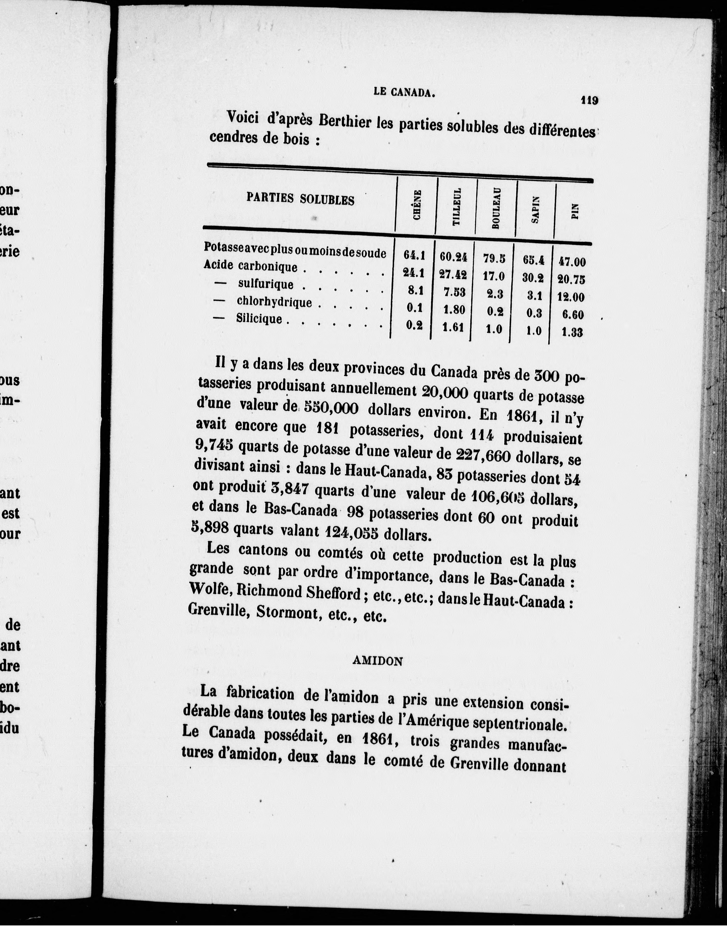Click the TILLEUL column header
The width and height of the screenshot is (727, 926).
(456, 207)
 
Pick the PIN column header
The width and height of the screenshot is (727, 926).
(575, 211)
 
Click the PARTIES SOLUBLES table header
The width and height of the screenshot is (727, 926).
(300, 199)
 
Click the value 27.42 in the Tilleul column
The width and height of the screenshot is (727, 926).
(453, 275)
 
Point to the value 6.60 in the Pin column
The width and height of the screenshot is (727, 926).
(572, 314)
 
